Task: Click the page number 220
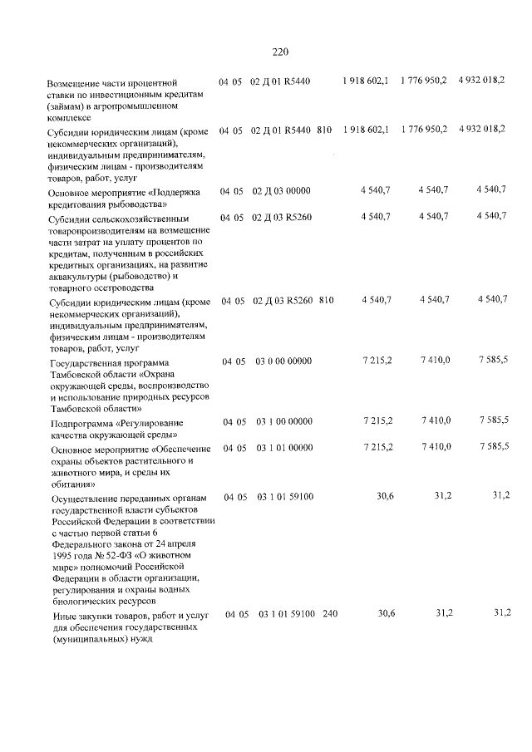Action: coord(280,52)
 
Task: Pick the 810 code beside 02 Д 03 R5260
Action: coord(325,301)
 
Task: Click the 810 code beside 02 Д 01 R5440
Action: coord(324,130)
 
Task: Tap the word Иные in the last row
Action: coord(62,617)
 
